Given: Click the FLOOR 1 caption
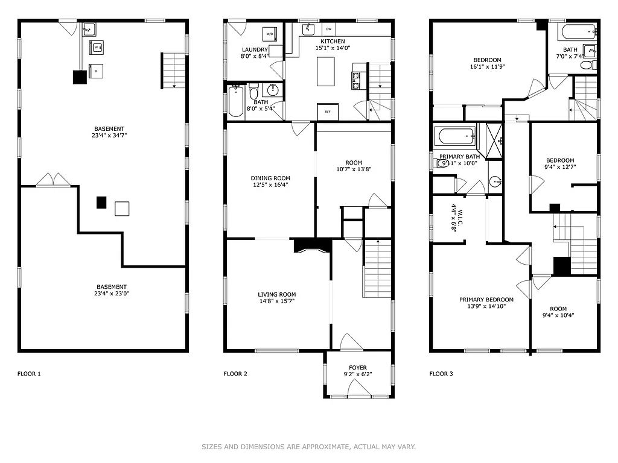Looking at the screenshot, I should pos(29,374).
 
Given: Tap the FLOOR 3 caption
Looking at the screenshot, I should pos(441,374).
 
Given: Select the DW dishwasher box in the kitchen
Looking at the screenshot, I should pos(329,29).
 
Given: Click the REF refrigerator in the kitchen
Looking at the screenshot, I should pos(328,112).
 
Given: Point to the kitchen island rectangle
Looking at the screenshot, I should pos(326,71).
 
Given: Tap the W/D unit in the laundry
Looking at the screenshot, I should pos(269,34).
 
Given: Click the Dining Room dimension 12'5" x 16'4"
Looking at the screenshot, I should pos(270,185).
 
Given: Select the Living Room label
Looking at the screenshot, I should pos(277,295).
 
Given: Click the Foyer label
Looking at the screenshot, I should pos(358,367).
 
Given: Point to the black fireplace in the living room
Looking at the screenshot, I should pos(313,245).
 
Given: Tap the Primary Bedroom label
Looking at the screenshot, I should pos(486,300).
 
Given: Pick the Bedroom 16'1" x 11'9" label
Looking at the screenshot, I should pos(487,60).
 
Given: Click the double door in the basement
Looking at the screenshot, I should pos(53,180).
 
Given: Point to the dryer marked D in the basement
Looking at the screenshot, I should pos(97,71).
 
